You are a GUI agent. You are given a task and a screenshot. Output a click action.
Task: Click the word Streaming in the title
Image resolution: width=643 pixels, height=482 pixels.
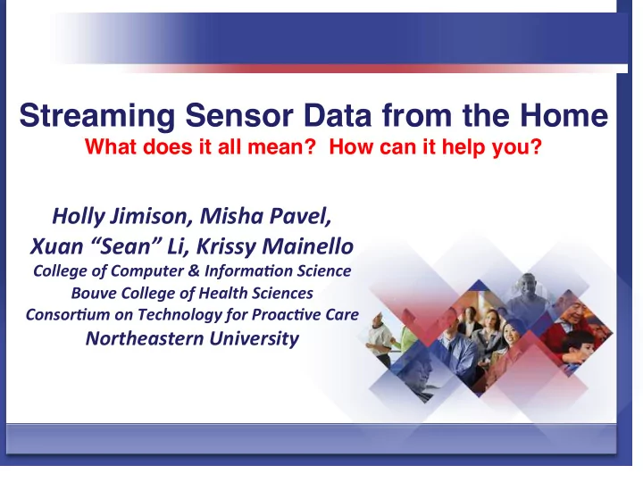click(97, 116)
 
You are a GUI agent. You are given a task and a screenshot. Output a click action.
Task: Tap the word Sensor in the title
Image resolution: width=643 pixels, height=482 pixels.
click(239, 115)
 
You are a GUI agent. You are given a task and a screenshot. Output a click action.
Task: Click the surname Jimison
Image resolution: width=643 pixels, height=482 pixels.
click(152, 216)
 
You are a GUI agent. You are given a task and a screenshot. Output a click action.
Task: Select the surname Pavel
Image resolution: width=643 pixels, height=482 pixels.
click(299, 216)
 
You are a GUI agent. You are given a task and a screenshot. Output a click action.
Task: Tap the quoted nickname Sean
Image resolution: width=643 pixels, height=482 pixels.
click(126, 246)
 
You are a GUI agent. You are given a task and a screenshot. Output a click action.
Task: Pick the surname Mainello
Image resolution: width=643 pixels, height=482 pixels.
click(307, 246)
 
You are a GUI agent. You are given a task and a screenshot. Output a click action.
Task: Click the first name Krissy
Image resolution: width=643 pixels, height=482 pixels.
click(226, 247)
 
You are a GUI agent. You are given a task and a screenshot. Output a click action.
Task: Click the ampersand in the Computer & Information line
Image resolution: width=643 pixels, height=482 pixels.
click(195, 271)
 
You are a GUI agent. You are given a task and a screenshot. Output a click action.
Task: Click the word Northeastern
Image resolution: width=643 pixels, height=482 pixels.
click(145, 338)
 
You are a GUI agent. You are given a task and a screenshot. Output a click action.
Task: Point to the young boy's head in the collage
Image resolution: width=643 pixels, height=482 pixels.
click(578, 343)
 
